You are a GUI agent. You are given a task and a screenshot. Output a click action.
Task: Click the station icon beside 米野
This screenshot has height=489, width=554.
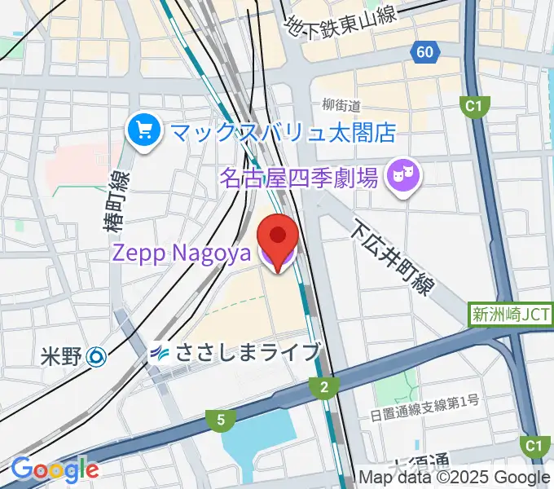point(97,355)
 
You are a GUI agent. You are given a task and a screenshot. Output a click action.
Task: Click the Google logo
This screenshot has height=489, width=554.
point(55,469)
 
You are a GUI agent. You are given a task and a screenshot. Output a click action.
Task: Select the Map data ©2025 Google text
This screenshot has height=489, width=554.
point(455,477)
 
